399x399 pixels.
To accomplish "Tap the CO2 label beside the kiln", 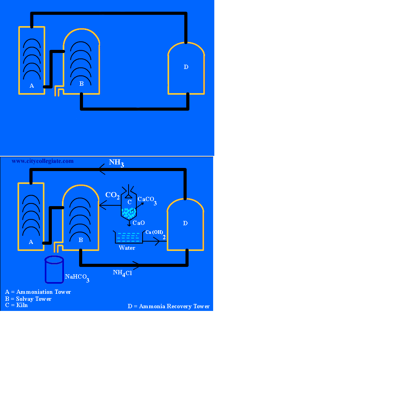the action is (x=113, y=196).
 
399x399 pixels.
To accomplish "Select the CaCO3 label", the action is (x=147, y=201).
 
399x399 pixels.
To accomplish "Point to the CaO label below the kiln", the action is (x=139, y=223).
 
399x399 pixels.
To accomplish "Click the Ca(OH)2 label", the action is (x=155, y=234).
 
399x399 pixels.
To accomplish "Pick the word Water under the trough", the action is (x=127, y=248).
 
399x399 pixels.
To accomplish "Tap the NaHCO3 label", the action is (x=77, y=278).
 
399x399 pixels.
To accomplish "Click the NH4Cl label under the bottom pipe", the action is (x=122, y=273).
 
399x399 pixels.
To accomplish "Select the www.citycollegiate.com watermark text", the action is (x=42, y=161).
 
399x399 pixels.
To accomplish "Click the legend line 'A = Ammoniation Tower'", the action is (x=38, y=292).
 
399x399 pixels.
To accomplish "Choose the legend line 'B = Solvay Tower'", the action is (x=28, y=299).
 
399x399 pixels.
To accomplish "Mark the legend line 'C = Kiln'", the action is (x=16, y=305).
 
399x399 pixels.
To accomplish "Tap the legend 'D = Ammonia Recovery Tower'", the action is (x=169, y=306).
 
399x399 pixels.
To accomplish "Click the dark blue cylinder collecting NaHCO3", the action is (x=54, y=270).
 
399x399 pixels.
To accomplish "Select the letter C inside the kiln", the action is (x=129, y=202).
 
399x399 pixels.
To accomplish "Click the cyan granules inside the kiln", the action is (x=129, y=213).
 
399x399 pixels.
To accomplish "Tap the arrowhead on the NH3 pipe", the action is (x=102, y=169).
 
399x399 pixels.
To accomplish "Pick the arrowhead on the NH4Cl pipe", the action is (x=136, y=265).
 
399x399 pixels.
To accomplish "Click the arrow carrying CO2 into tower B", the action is (x=110, y=205).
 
